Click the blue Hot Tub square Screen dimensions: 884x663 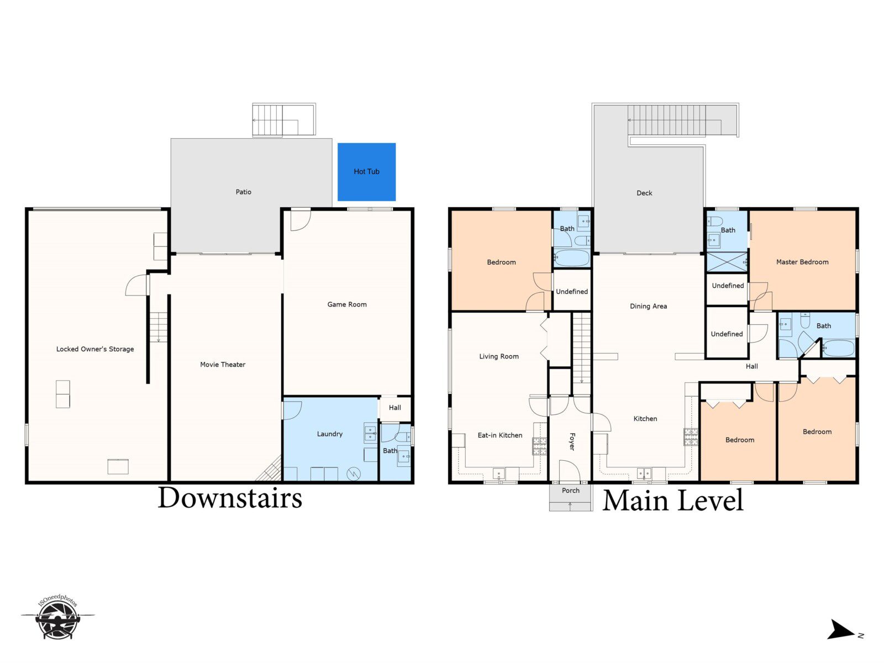(366, 172)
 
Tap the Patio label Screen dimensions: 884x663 (243, 192)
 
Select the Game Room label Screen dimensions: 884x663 (347, 304)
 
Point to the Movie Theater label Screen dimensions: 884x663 (223, 364)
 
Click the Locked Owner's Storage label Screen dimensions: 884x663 (95, 349)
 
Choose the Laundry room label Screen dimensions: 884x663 (329, 434)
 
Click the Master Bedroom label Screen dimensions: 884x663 (802, 262)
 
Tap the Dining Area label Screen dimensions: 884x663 (649, 306)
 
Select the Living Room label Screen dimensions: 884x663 (498, 356)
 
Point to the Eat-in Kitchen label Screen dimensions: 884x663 (500, 435)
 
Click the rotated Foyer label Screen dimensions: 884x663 (572, 441)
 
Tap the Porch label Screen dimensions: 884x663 (571, 491)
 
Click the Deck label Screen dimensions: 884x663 (644, 193)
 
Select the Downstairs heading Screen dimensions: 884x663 (229, 498)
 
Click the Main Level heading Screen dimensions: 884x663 (672, 501)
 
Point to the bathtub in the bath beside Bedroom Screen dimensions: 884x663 (571, 258)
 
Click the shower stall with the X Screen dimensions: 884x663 (727, 262)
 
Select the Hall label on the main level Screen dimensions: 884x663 (751, 366)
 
